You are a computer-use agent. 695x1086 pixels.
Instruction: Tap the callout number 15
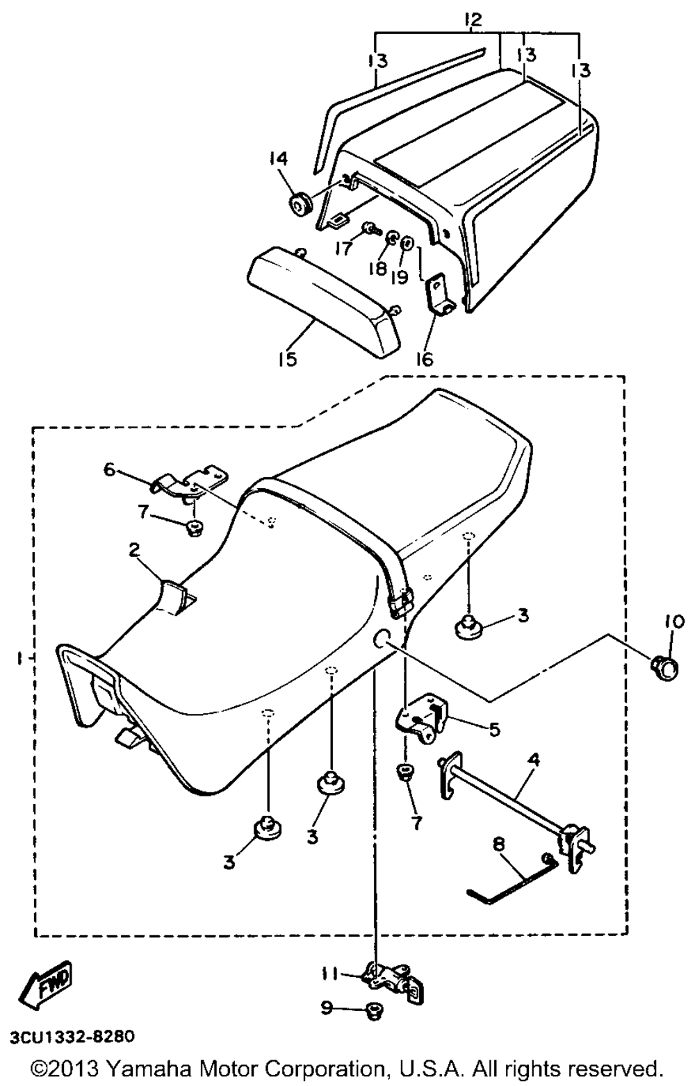point(287,359)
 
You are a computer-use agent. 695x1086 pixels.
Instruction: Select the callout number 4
point(534,760)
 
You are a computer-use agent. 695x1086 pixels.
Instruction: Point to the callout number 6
point(109,469)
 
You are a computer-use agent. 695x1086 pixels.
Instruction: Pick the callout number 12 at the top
point(472,20)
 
